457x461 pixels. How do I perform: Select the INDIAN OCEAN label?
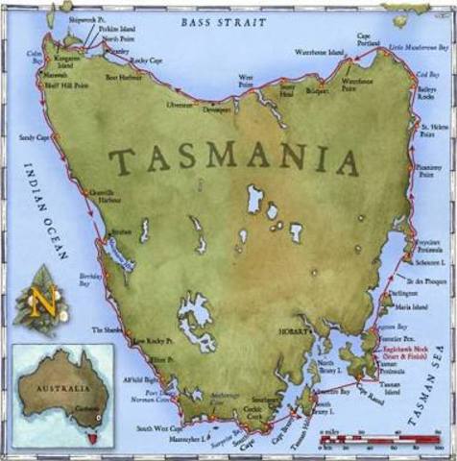(x=43, y=211)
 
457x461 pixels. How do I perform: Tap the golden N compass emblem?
(x=43, y=302)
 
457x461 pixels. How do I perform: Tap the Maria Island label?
(x=423, y=307)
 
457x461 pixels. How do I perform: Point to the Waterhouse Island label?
(x=323, y=52)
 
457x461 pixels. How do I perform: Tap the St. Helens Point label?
(x=434, y=131)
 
